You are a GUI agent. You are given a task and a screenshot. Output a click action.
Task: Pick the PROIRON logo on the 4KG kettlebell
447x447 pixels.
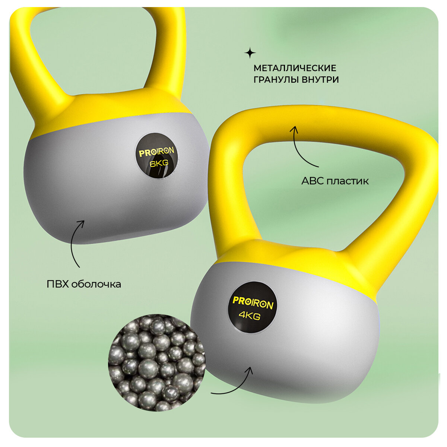tap(253, 302)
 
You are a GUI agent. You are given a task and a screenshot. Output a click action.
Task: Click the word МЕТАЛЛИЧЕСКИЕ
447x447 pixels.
tap(295, 69)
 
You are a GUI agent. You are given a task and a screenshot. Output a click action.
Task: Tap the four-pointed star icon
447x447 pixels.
tap(250, 53)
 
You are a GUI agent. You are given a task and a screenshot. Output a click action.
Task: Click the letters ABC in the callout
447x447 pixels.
tap(312, 181)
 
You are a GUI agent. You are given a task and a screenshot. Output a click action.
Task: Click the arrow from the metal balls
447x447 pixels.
tap(233, 384)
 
